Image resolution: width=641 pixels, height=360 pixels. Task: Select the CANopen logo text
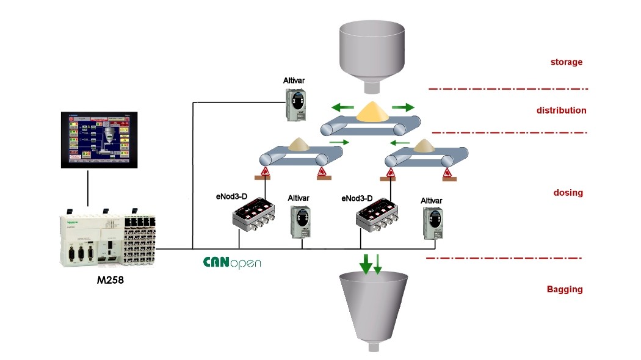click(x=232, y=263)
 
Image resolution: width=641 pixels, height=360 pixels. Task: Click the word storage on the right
click(x=567, y=62)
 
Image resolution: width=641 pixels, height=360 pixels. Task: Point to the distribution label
click(x=561, y=110)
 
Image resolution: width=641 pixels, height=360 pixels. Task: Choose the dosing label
click(x=568, y=193)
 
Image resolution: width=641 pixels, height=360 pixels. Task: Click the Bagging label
click(x=564, y=289)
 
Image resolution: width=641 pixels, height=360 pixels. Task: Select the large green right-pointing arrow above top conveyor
click(x=402, y=107)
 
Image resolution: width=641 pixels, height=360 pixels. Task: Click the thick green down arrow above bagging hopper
click(x=366, y=263)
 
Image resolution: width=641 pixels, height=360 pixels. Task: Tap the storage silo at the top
click(x=371, y=52)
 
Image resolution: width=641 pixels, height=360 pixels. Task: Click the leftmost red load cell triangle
click(x=266, y=174)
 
